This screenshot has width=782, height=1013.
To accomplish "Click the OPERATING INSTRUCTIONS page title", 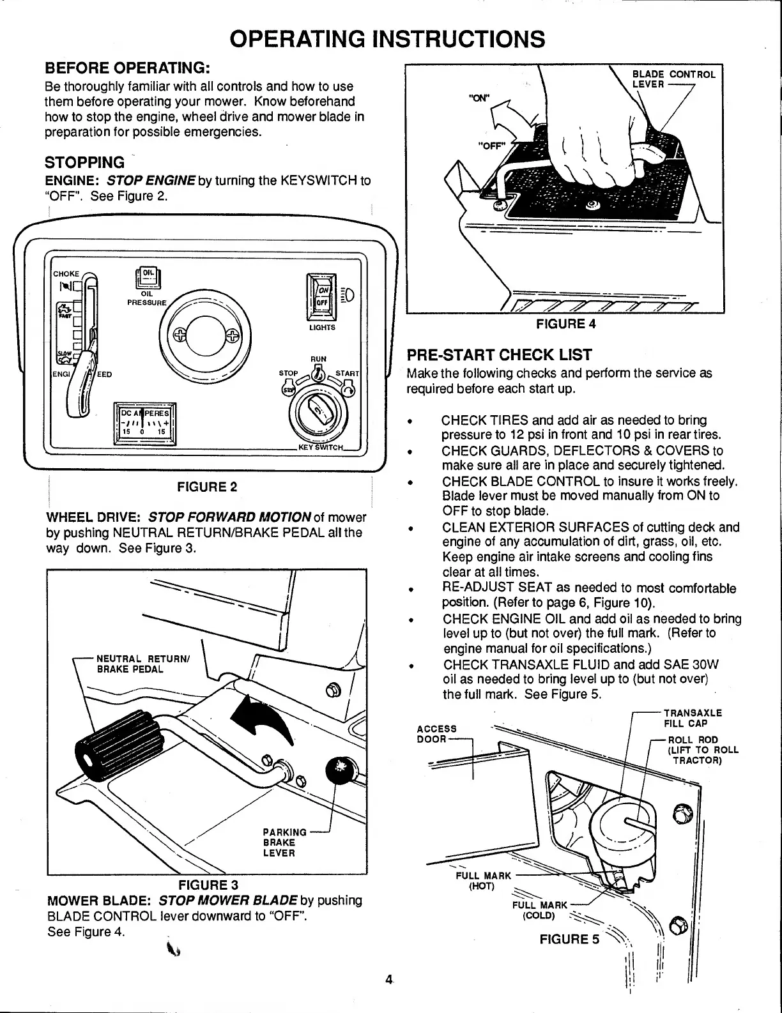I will [x=388, y=39].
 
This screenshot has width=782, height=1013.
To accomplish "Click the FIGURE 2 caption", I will [x=207, y=487].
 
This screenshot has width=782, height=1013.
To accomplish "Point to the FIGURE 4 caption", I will [x=565, y=324].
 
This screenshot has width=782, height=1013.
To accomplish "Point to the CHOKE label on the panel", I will [x=65, y=273].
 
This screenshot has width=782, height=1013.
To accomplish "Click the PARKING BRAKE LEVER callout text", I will [x=280, y=842].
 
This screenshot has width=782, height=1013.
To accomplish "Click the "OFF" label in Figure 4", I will [x=491, y=145].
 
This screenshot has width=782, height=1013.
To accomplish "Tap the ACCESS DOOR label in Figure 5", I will [x=436, y=734].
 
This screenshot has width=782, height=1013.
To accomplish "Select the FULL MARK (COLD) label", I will [x=539, y=910].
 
